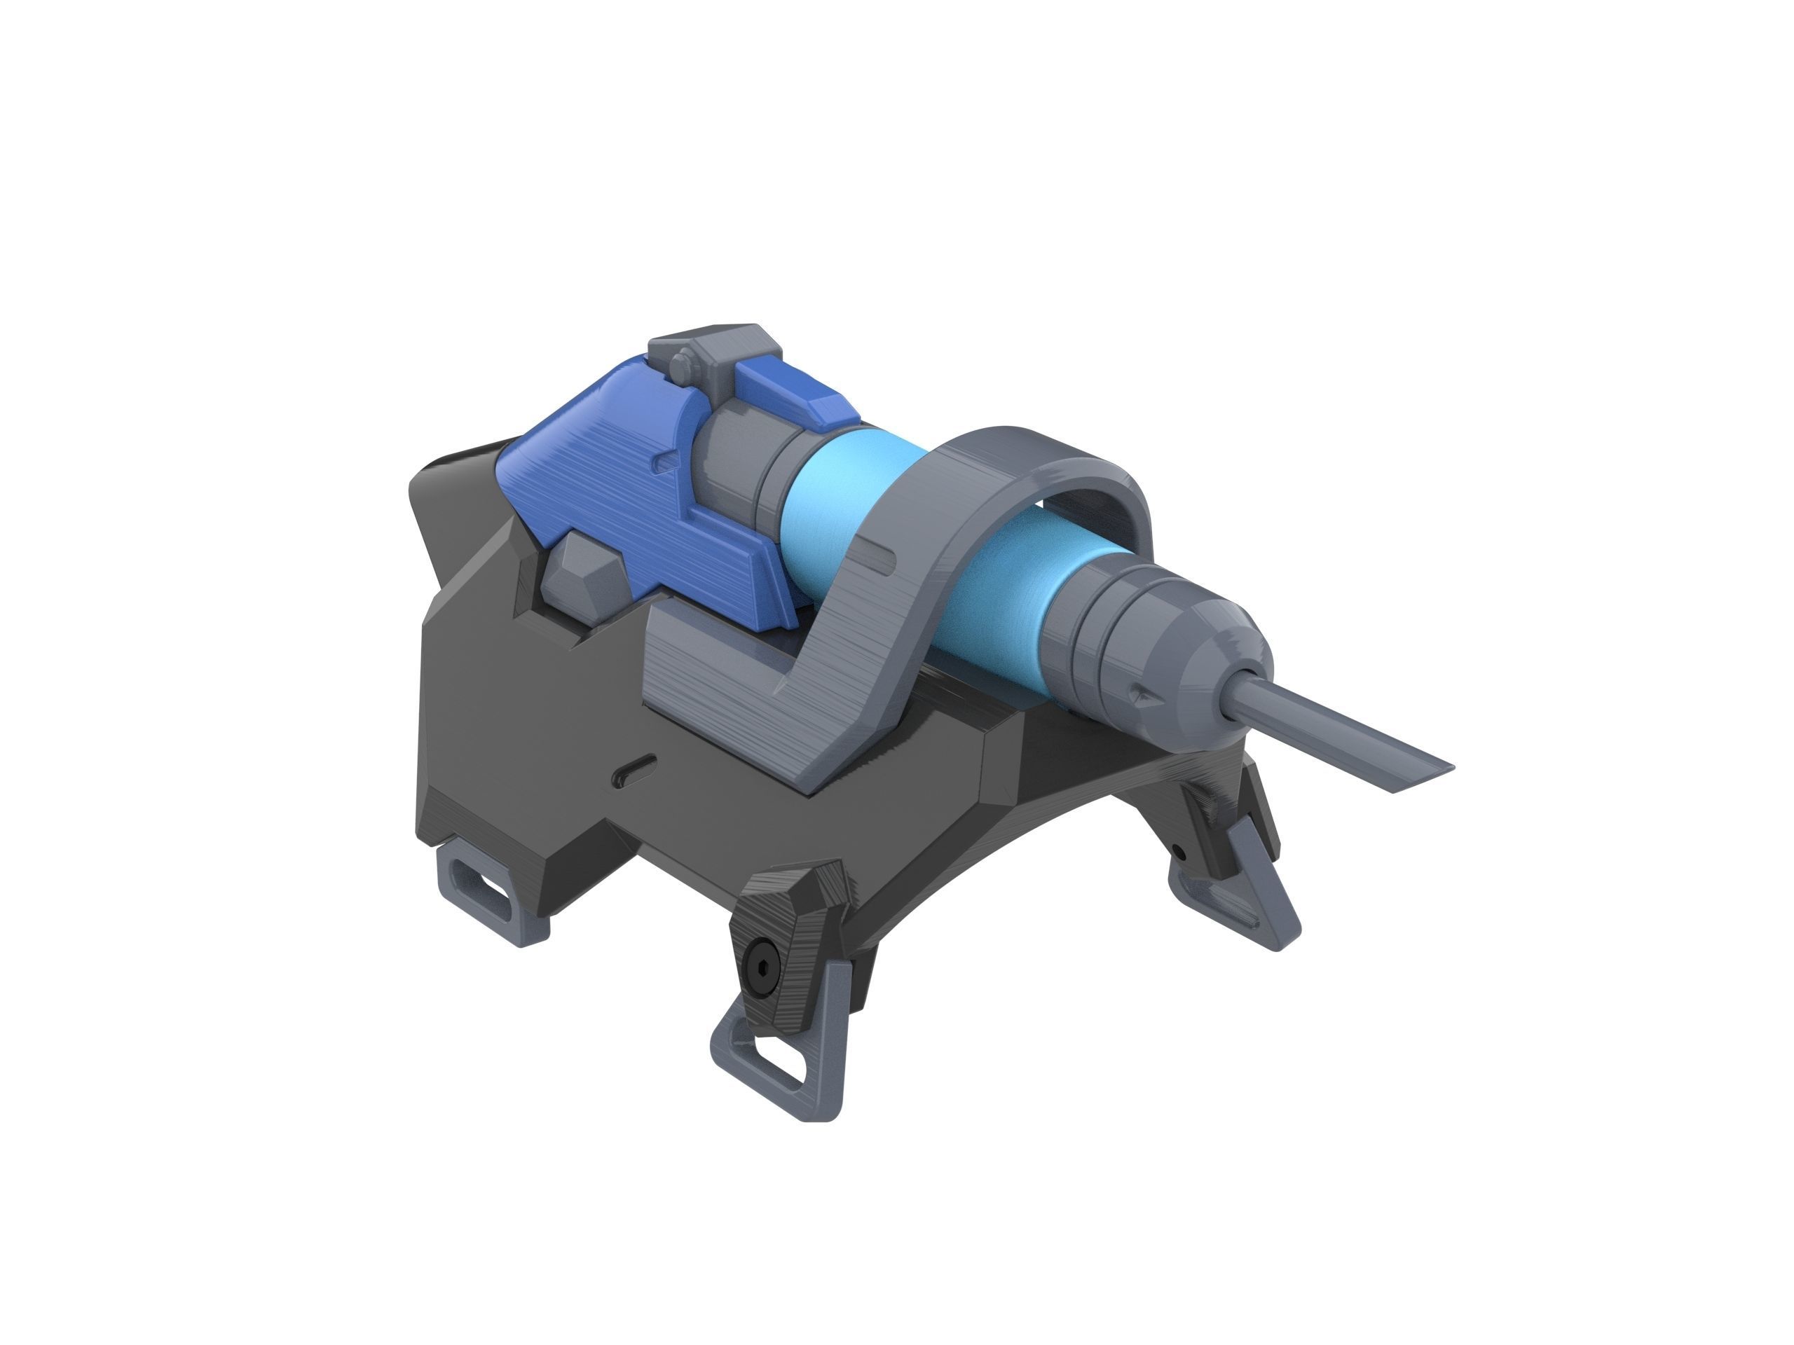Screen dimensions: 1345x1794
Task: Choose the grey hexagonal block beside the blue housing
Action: [x=582, y=577]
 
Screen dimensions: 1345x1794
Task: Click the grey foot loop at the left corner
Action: [x=484, y=891]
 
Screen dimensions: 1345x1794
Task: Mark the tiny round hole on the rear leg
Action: [x=1179, y=852]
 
